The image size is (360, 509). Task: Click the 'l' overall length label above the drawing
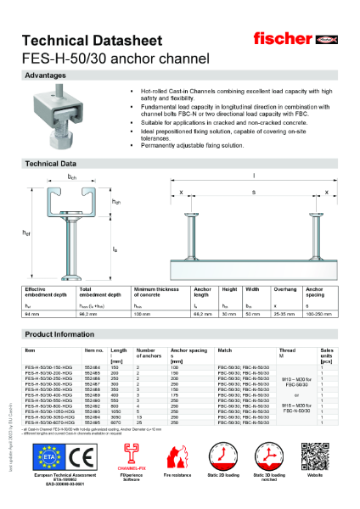point(254,176)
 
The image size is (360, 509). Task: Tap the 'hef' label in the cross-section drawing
point(28,233)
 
